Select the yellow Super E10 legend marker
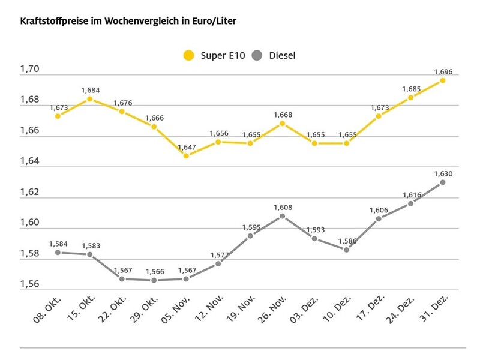(189, 56)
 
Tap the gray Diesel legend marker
(257, 56)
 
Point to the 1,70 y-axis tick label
(29, 70)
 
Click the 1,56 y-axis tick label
(29, 284)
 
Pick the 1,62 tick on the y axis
(29, 192)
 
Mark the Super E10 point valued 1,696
(443, 80)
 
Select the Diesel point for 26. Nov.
(283, 216)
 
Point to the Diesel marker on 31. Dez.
(443, 182)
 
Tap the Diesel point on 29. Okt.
(154, 280)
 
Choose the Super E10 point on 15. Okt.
(90, 99)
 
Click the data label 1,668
(283, 115)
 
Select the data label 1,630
(443, 173)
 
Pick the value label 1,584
(58, 244)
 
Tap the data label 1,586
(347, 241)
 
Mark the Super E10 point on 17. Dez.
(379, 116)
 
